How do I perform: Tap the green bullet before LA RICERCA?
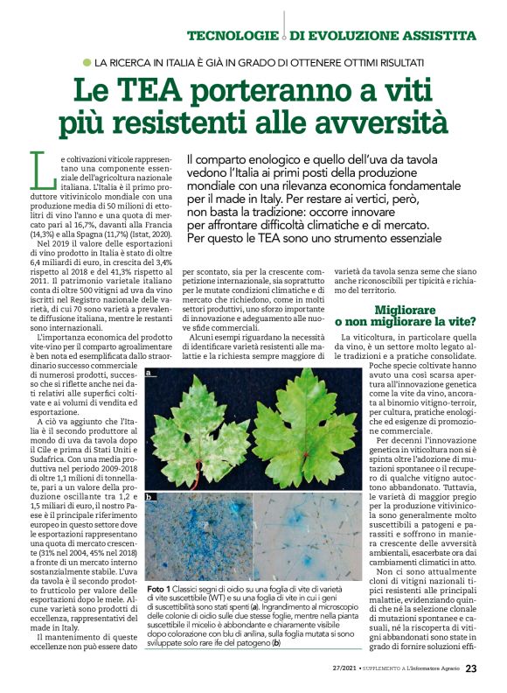[87, 63]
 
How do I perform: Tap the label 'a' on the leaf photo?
[150, 374]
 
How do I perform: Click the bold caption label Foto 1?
[162, 590]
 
